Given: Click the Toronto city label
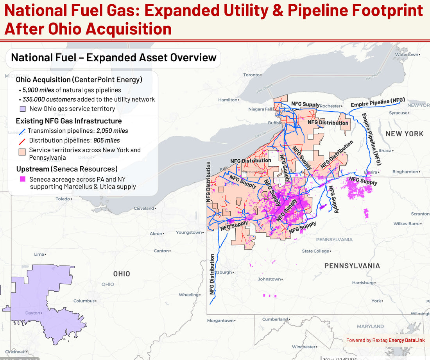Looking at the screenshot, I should pyautogui.click(x=251, y=75).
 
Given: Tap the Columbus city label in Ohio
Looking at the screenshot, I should pyautogui.click(x=84, y=301).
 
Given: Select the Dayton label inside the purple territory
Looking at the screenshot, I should pyautogui.click(x=33, y=313).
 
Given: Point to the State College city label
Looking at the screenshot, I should pyautogui.click(x=315, y=251).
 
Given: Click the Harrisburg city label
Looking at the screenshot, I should pyautogui.click(x=363, y=283).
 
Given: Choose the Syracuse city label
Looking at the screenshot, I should pyautogui.click(x=398, y=113).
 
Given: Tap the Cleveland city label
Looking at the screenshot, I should pyautogui.click(x=144, y=209).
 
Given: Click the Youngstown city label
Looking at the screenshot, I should pyautogui.click(x=189, y=233).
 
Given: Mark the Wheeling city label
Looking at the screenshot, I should pyautogui.click(x=188, y=295).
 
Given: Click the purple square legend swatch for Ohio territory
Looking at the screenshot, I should pyautogui.click(x=23, y=109).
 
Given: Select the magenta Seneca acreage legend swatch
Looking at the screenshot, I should pyautogui.click(x=23, y=179).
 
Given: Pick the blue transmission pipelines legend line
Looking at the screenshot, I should pyautogui.click(x=22, y=131).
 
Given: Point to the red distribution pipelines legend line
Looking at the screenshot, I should pyautogui.click(x=22, y=141).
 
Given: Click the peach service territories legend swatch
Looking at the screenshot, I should pyautogui.click(x=23, y=150).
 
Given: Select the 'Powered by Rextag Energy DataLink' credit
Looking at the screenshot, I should pyautogui.click(x=385, y=340).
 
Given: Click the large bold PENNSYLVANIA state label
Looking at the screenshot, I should pyautogui.click(x=352, y=266).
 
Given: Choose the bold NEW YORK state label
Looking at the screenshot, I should pyautogui.click(x=404, y=134).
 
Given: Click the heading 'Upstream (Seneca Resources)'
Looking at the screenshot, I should pyautogui.click(x=67, y=169).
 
